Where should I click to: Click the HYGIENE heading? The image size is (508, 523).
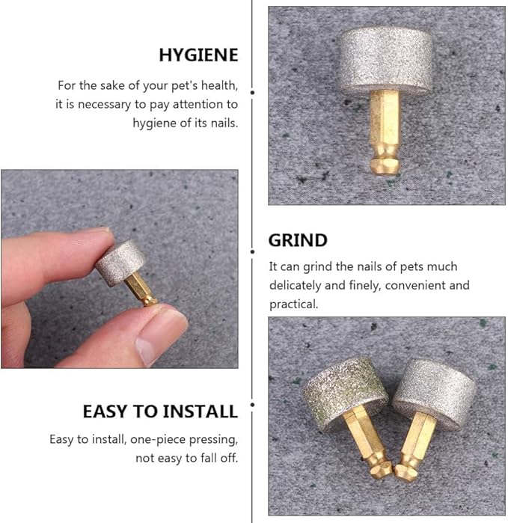198,55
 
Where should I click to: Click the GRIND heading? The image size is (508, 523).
298,240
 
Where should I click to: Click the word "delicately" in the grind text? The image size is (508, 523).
299,285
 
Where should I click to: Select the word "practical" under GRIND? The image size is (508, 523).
293,304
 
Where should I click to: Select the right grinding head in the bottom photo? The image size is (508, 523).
433,385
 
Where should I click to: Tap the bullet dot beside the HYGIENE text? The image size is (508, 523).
252,91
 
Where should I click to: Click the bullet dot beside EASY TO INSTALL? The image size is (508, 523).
252,405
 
